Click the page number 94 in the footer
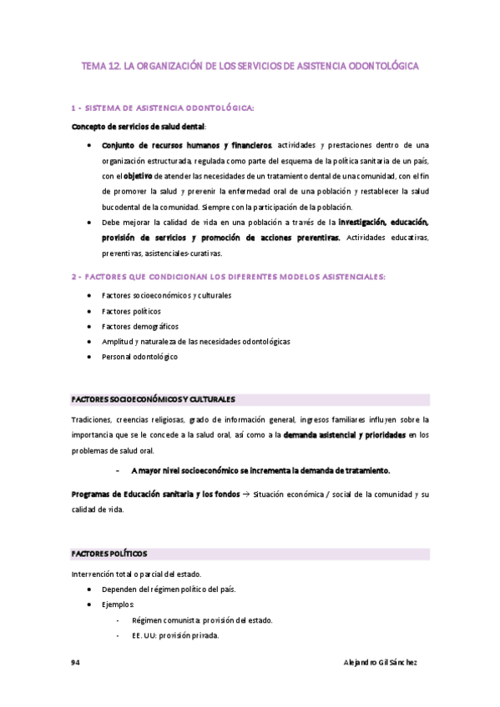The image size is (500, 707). pos(75,662)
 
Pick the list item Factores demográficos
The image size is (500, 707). pos(139,326)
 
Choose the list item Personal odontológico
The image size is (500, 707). pos(139,357)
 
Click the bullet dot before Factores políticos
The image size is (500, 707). pos(89,311)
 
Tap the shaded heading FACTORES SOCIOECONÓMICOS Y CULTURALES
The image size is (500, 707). pos(154,399)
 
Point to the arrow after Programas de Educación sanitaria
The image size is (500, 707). pos(245,494)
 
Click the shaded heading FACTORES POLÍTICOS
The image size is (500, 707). pos(109,554)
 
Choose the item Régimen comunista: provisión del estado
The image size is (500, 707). pos(202,620)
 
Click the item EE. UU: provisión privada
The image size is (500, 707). pos(175,635)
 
